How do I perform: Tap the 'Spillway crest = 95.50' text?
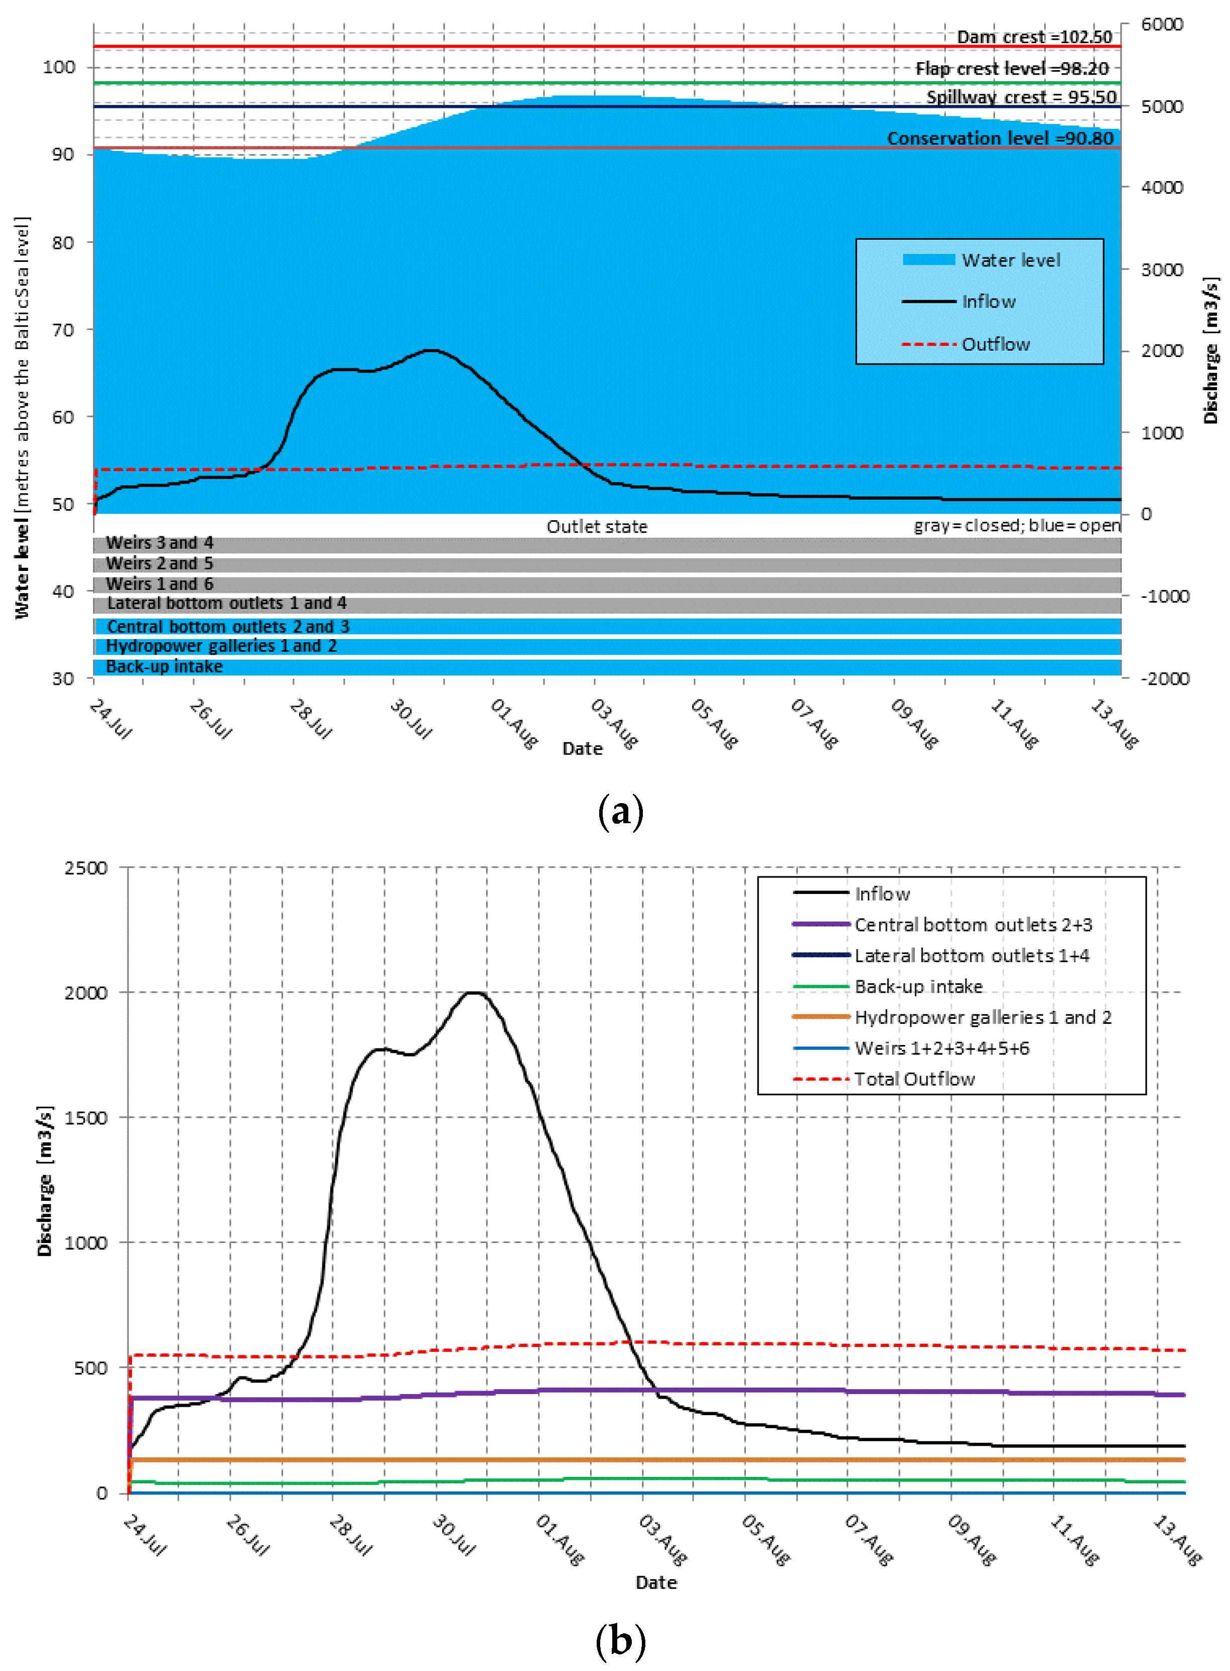tap(1021, 97)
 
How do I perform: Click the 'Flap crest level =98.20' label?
tap(1012, 69)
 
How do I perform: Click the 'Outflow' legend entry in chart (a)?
tap(996, 344)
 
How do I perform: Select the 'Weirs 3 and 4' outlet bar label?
tap(160, 543)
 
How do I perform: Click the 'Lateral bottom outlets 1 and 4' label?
tap(226, 603)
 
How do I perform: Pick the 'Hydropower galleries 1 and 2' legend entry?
tap(982, 1017)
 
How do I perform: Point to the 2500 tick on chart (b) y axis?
tap(86, 868)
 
